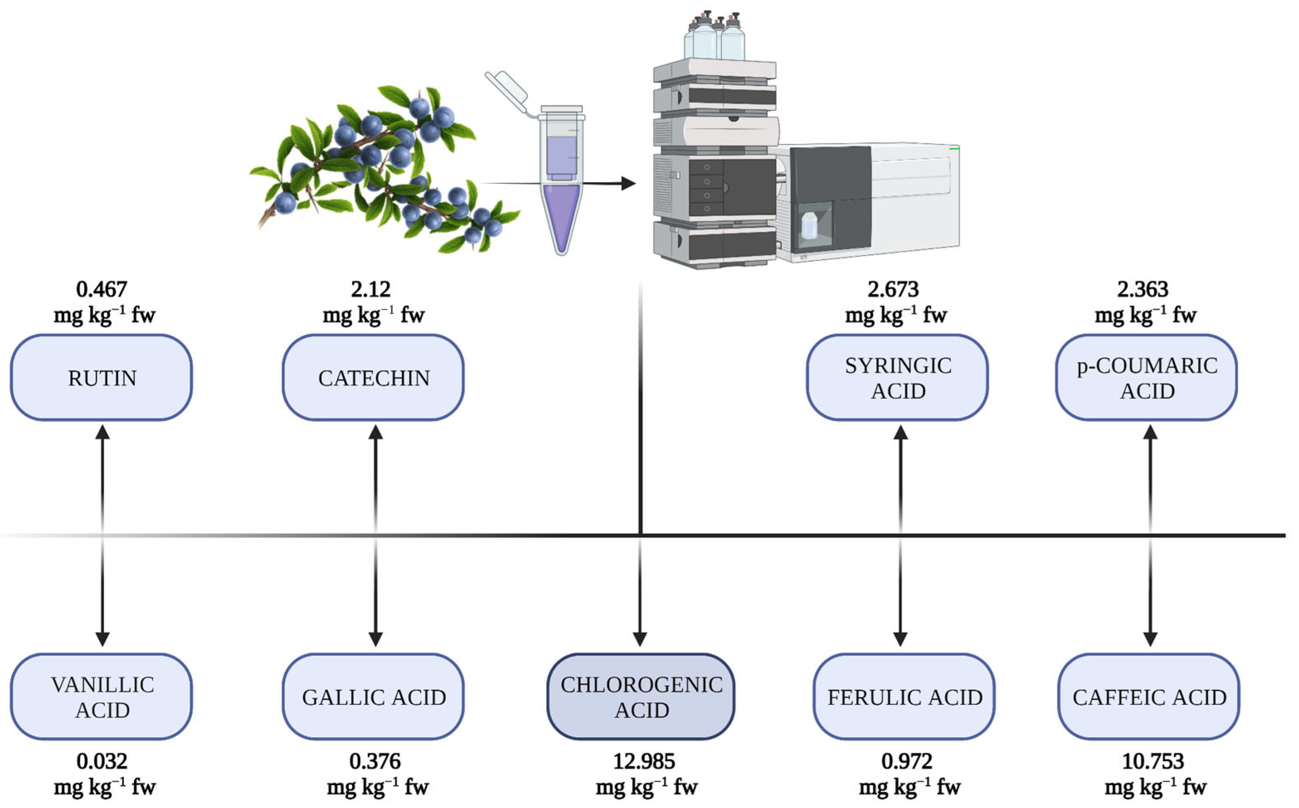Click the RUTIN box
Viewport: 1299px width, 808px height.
(102, 377)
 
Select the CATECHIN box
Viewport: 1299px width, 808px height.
(373, 377)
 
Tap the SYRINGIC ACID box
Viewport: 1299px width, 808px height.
(897, 377)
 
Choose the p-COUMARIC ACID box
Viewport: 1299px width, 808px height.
(1147, 377)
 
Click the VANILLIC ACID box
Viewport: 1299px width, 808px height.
(102, 696)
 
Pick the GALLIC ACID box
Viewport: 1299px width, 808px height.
(373, 696)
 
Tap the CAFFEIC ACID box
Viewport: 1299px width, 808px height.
(1149, 696)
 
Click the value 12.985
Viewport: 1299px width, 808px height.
(644, 761)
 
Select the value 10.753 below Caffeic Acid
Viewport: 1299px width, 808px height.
(1153, 761)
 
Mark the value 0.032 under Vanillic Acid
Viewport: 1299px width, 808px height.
(102, 761)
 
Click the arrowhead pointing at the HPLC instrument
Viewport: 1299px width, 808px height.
(629, 183)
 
